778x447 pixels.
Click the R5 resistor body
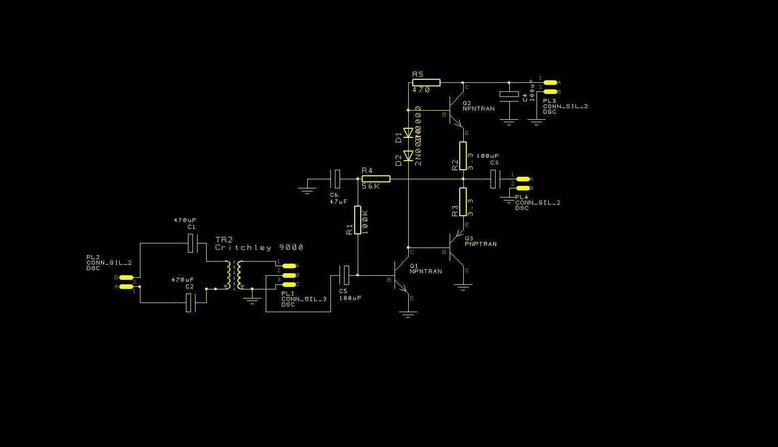coord(426,82)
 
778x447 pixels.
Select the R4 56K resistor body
coord(376,179)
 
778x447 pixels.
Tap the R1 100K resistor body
coord(358,220)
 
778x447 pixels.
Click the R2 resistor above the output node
coord(463,156)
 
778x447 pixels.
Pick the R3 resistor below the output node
coord(463,202)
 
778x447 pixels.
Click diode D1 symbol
coord(408,133)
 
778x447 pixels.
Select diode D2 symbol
coord(408,156)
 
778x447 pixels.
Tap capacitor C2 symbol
coord(190,303)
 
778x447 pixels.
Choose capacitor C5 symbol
coord(344,275)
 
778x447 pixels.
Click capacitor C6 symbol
coord(335,179)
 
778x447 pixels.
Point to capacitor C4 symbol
coord(509,94)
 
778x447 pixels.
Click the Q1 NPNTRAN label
coord(425,271)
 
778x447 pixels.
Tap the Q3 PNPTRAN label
coord(480,244)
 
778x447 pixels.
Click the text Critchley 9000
coord(259,247)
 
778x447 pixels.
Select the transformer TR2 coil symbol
coord(233,275)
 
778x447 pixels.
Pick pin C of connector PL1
coord(289,284)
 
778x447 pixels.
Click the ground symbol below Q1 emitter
coord(408,315)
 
